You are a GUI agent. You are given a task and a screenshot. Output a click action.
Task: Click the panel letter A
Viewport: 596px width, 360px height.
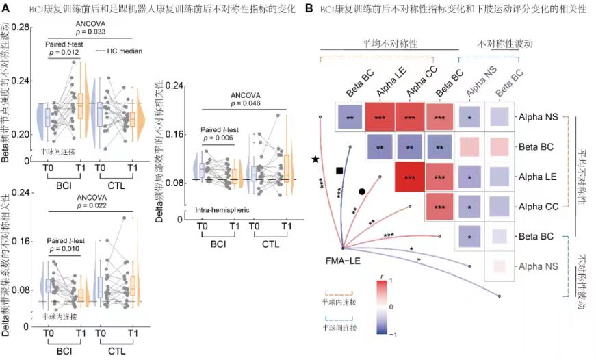pyautogui.click(x=7, y=8)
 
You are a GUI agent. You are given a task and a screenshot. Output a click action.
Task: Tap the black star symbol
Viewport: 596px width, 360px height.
pyautogui.click(x=315, y=159)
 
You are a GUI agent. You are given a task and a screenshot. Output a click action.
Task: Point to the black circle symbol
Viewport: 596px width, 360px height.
pyautogui.click(x=361, y=192)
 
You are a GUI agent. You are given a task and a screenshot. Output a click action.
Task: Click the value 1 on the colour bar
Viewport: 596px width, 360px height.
pyautogui.click(x=391, y=280)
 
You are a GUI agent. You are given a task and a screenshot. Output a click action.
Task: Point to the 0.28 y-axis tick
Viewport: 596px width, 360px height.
pyautogui.click(x=21, y=27)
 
